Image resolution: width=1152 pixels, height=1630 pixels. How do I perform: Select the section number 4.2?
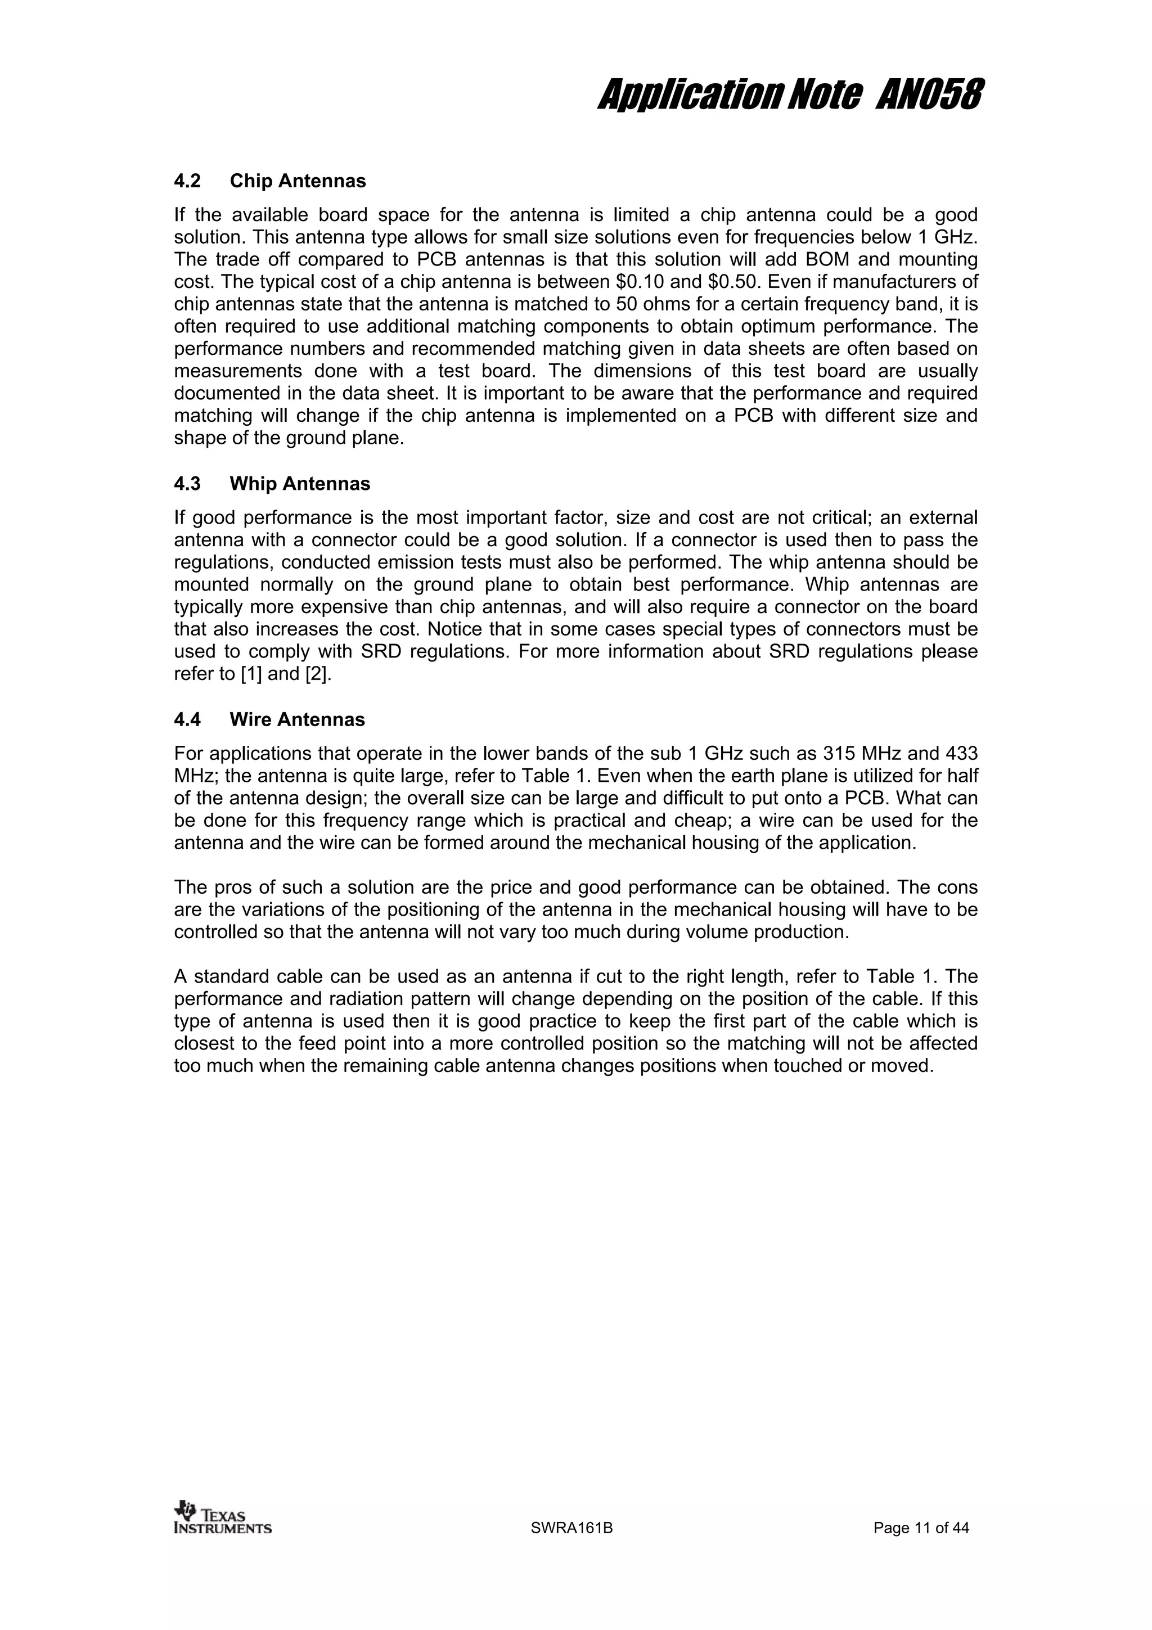[187, 181]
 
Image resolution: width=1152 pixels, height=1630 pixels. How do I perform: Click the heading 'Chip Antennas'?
[298, 181]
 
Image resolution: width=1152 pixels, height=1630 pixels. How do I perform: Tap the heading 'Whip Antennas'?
[300, 484]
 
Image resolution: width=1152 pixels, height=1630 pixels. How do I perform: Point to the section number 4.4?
[187, 719]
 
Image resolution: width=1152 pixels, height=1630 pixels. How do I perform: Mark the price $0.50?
[732, 282]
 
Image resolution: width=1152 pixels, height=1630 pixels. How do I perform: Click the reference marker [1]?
[251, 674]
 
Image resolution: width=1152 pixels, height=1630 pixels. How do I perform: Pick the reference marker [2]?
[316, 674]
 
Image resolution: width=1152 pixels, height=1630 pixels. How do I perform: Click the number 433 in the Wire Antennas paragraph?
[962, 753]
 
